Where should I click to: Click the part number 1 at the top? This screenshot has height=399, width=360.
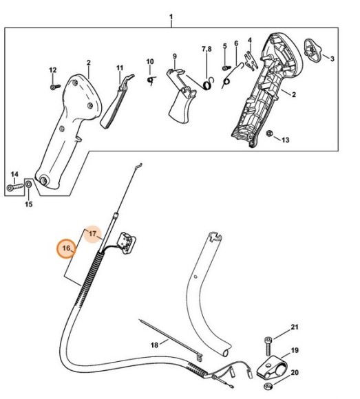(171, 16)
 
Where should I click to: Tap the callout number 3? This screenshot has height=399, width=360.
(332, 59)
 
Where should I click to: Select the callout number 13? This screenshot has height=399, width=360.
(286, 140)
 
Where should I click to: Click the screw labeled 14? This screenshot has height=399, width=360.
(16, 186)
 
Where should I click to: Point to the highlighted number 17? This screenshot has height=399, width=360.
(92, 235)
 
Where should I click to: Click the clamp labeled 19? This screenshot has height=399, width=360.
(271, 363)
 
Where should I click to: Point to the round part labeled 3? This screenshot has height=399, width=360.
(311, 48)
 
